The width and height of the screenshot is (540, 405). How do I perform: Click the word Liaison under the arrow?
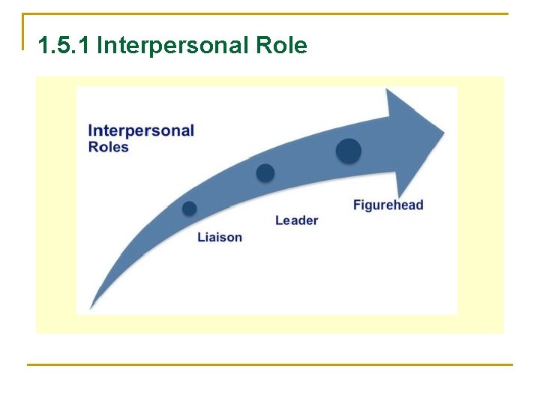(x=220, y=237)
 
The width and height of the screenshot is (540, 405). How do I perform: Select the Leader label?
(x=296, y=220)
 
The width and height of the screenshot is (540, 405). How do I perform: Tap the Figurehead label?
(x=388, y=205)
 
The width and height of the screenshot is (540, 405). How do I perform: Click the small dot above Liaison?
(x=190, y=208)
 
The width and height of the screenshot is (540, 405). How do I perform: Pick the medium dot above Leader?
(x=265, y=173)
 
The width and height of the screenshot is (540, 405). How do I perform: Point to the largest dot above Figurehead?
(x=348, y=151)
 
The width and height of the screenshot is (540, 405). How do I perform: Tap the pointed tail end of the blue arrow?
(x=91, y=307)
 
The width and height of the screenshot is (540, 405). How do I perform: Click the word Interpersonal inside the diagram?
(x=141, y=130)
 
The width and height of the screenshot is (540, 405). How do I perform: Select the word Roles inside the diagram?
(x=109, y=147)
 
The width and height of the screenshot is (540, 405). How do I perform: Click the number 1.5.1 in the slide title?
(x=64, y=46)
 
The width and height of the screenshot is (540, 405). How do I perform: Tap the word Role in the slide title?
(x=281, y=46)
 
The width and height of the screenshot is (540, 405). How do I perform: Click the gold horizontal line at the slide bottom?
(x=270, y=364)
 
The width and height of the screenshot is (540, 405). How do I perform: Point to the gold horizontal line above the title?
(x=270, y=13)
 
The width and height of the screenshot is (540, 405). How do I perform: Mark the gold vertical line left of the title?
(x=23, y=31)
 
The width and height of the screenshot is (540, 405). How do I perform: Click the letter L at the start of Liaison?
(x=200, y=237)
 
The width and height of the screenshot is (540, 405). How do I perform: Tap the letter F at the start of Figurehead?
(x=357, y=205)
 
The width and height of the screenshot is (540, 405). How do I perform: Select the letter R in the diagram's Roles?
(x=93, y=147)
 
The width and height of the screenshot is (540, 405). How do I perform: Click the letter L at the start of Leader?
(x=278, y=220)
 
